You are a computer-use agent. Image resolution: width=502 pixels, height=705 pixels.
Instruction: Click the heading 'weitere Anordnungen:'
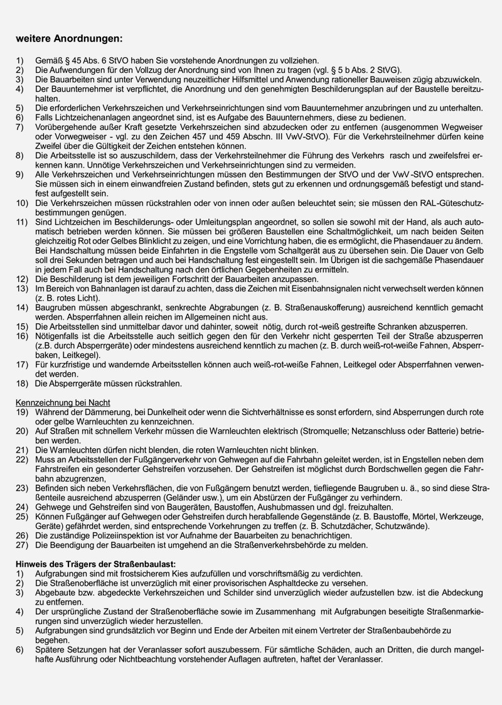(70, 39)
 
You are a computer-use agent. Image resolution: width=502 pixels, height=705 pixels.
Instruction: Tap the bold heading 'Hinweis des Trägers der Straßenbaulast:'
(96, 564)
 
